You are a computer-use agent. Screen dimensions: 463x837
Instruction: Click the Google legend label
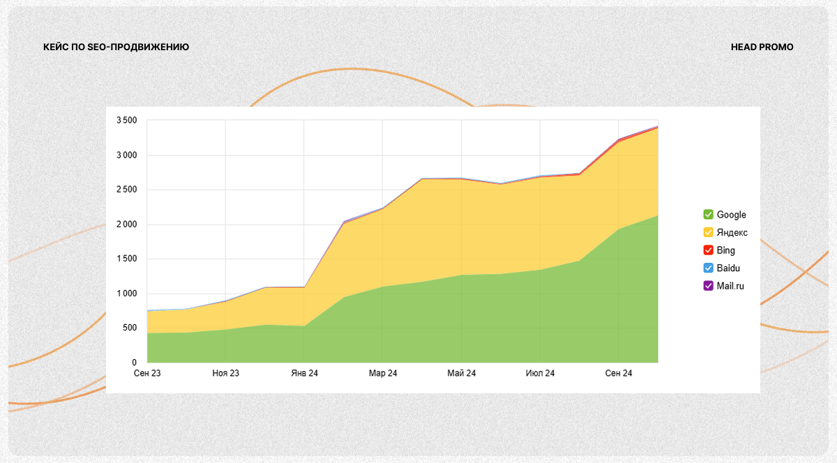(731, 215)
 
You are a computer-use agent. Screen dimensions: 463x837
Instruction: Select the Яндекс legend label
(732, 232)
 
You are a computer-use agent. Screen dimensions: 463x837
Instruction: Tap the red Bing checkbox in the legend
(708, 250)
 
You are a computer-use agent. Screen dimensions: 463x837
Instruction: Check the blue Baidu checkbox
(708, 268)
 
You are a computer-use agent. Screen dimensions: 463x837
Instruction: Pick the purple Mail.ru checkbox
(708, 285)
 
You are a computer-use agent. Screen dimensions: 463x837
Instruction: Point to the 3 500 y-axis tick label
(126, 121)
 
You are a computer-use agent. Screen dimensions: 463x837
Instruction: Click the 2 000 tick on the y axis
(126, 225)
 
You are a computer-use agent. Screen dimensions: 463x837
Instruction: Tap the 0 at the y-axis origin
(135, 363)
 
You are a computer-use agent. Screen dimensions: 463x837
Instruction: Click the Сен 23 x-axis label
(147, 374)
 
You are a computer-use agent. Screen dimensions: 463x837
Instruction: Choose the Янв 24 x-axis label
(304, 374)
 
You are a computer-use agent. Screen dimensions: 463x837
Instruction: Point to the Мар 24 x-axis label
(383, 374)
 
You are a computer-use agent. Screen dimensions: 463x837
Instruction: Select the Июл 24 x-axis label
(540, 374)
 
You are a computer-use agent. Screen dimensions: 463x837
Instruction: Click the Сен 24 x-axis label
(619, 374)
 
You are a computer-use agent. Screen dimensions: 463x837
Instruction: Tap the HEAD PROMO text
(762, 47)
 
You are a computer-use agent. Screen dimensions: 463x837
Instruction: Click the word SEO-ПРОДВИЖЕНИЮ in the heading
(139, 47)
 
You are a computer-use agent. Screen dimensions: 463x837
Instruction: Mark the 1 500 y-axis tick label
(126, 259)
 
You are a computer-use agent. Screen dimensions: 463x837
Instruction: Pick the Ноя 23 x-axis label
(225, 374)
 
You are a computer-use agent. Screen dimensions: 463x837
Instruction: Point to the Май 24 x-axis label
(462, 374)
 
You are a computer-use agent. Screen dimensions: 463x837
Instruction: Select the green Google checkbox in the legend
(708, 215)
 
